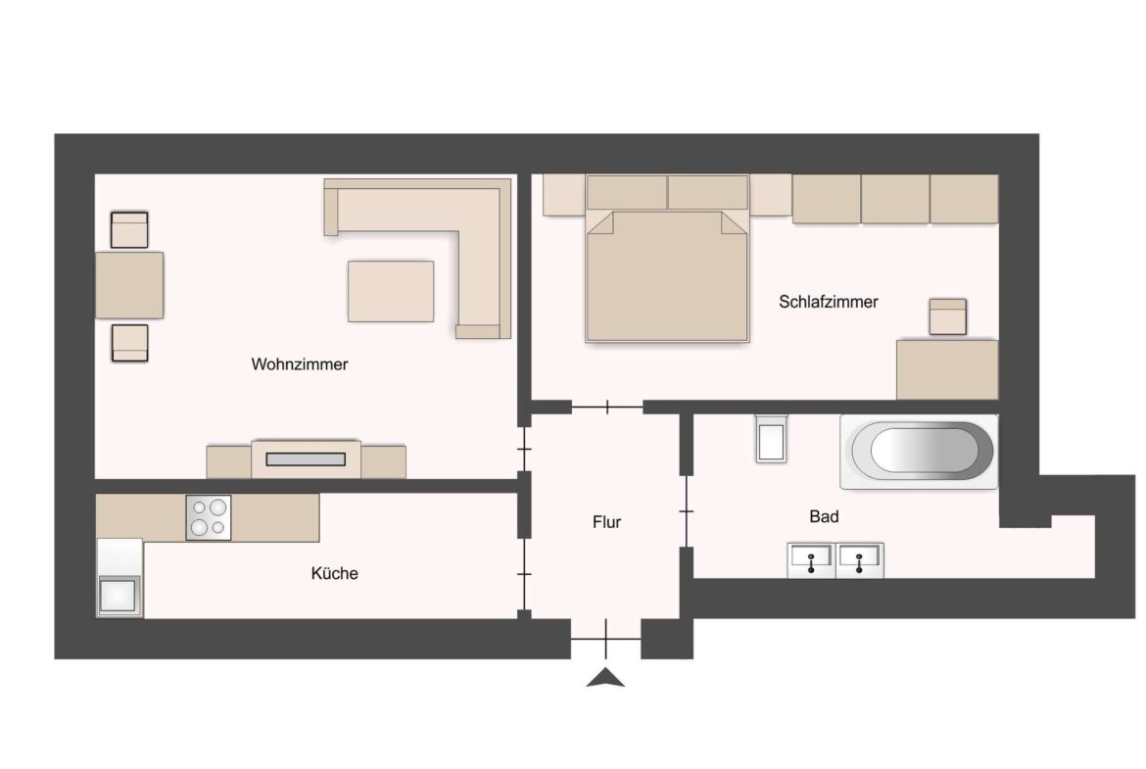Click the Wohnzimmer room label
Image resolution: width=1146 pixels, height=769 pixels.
(x=300, y=364)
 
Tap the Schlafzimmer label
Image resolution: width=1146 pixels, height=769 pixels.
(x=828, y=302)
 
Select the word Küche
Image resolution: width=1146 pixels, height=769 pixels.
(x=334, y=573)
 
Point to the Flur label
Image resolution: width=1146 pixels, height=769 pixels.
(x=606, y=522)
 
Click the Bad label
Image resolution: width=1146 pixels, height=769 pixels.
(x=824, y=516)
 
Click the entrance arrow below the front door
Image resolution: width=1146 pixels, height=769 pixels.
(x=605, y=677)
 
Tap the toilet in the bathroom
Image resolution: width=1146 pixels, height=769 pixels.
(x=771, y=438)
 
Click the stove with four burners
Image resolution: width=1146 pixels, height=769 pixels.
(x=208, y=516)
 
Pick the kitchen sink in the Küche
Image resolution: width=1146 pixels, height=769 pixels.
(x=119, y=595)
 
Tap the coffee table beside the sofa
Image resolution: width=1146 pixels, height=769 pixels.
(x=391, y=290)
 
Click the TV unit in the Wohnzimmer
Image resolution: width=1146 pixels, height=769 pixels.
(x=306, y=458)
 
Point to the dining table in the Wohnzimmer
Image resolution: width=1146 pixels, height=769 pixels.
(x=129, y=285)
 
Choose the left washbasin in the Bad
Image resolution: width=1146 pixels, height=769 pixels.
(x=811, y=560)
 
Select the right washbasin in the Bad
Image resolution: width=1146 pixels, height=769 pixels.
(x=859, y=560)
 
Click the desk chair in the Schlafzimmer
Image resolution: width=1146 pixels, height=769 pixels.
(x=947, y=317)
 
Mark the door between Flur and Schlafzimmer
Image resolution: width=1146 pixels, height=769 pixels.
(x=607, y=407)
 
